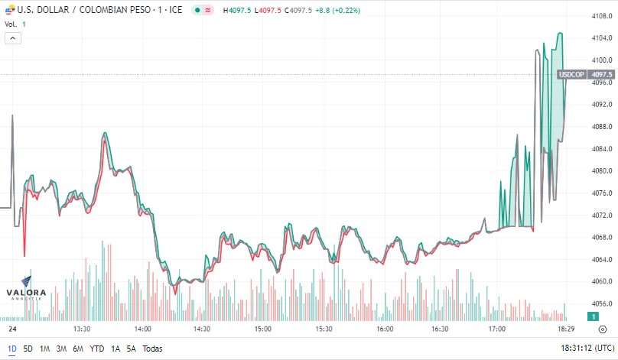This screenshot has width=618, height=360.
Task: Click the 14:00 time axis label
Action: [142, 329]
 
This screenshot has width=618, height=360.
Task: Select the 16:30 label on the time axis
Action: [440, 329]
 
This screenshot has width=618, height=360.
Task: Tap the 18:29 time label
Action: [565, 329]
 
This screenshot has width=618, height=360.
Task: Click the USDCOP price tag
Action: [571, 74]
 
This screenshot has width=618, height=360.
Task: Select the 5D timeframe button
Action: [28, 349]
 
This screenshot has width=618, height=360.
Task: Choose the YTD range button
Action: [97, 349]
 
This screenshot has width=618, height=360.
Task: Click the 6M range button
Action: [78, 349]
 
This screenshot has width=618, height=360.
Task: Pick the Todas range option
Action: [153, 349]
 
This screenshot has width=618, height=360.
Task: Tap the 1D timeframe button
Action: [11, 349]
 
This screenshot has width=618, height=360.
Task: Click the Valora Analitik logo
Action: [26, 289]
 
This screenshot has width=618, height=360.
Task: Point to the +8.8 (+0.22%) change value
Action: [338, 11]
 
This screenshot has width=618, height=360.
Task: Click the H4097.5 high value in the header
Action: [237, 11]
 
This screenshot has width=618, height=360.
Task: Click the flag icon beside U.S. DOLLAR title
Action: [9, 11]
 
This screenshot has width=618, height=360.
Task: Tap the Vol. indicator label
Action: [11, 24]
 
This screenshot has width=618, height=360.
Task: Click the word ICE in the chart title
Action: [175, 11]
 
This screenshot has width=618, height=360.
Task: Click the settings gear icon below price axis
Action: [602, 329]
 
